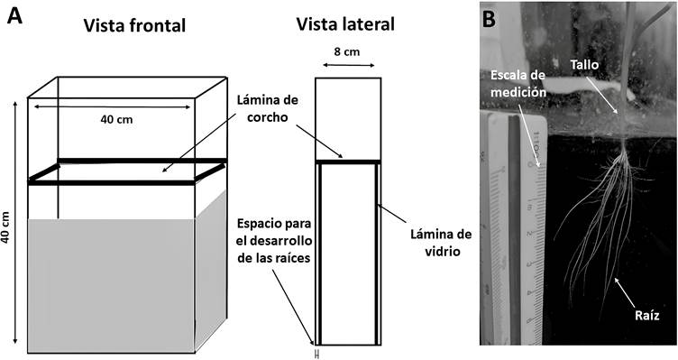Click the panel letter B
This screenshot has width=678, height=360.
[x=489, y=20]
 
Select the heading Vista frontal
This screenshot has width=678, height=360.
[x=134, y=25]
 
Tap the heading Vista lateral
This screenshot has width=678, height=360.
[x=345, y=24]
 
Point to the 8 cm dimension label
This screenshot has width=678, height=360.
[x=347, y=52]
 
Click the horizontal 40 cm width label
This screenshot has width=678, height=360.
[x=116, y=119]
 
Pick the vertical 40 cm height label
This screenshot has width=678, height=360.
[x=6, y=227]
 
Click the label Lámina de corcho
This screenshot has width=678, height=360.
[x=268, y=108]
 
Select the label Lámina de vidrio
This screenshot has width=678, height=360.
[x=441, y=243]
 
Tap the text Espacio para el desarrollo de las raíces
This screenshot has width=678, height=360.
[x=274, y=241]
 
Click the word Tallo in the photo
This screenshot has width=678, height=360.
[x=584, y=65]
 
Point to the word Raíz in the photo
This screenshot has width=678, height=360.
[x=647, y=315]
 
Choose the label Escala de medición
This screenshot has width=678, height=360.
[x=518, y=83]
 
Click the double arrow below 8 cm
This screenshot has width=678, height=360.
[x=349, y=65]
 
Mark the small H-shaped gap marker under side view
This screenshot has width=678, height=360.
[x=317, y=355]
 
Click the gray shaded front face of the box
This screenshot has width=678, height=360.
[x=111, y=286]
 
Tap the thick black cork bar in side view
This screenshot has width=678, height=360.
[x=348, y=162]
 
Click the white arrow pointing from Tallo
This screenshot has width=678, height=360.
[x=603, y=96]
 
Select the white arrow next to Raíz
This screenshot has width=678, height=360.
[x=625, y=291]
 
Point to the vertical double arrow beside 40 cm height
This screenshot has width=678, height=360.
[x=15, y=223]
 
